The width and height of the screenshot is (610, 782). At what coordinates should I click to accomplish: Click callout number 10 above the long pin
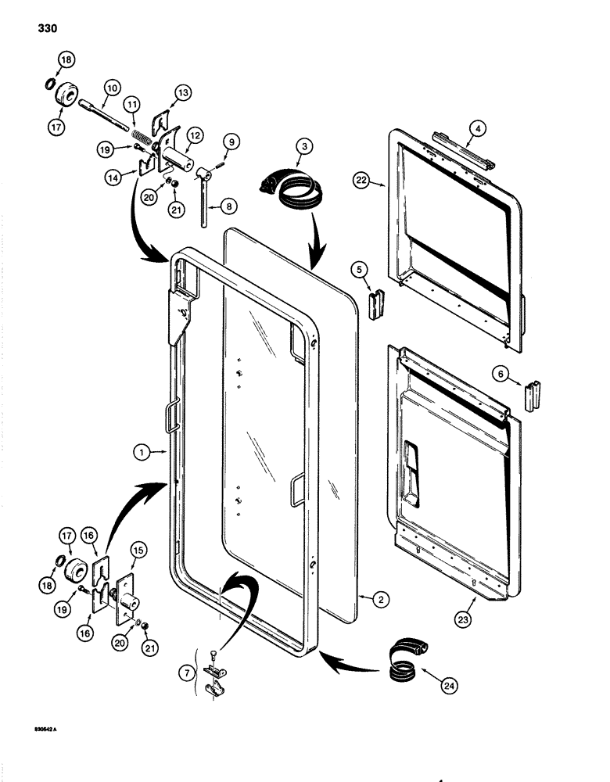pyautogui.click(x=111, y=88)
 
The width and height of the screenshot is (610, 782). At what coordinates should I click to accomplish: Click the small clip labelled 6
pyautogui.click(x=534, y=395)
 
